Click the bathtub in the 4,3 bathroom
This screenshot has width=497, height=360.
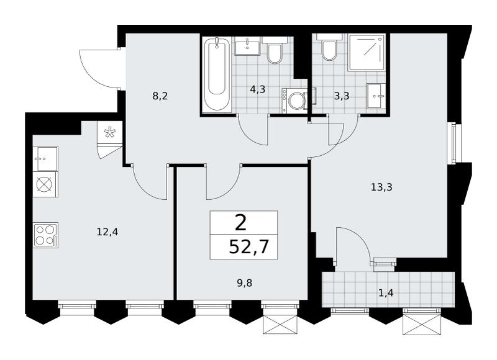point(217,74)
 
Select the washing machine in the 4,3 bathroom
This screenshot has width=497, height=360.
point(294,100)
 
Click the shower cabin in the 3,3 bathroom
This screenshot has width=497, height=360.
point(367,53)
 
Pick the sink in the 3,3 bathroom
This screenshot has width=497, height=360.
point(376,96)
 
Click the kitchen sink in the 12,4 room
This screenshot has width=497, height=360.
point(45,159)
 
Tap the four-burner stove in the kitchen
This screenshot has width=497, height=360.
point(45,235)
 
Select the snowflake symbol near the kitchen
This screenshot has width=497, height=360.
point(110,132)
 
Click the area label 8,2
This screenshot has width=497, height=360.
point(160,96)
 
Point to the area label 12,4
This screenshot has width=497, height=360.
point(107,232)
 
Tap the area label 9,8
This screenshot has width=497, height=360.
point(245,283)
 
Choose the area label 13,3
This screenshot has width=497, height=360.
point(381,187)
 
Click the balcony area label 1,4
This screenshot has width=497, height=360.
point(386,293)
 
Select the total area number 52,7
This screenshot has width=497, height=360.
point(248,246)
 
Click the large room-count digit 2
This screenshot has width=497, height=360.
point(241,223)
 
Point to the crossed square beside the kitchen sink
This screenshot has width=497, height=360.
point(45,184)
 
